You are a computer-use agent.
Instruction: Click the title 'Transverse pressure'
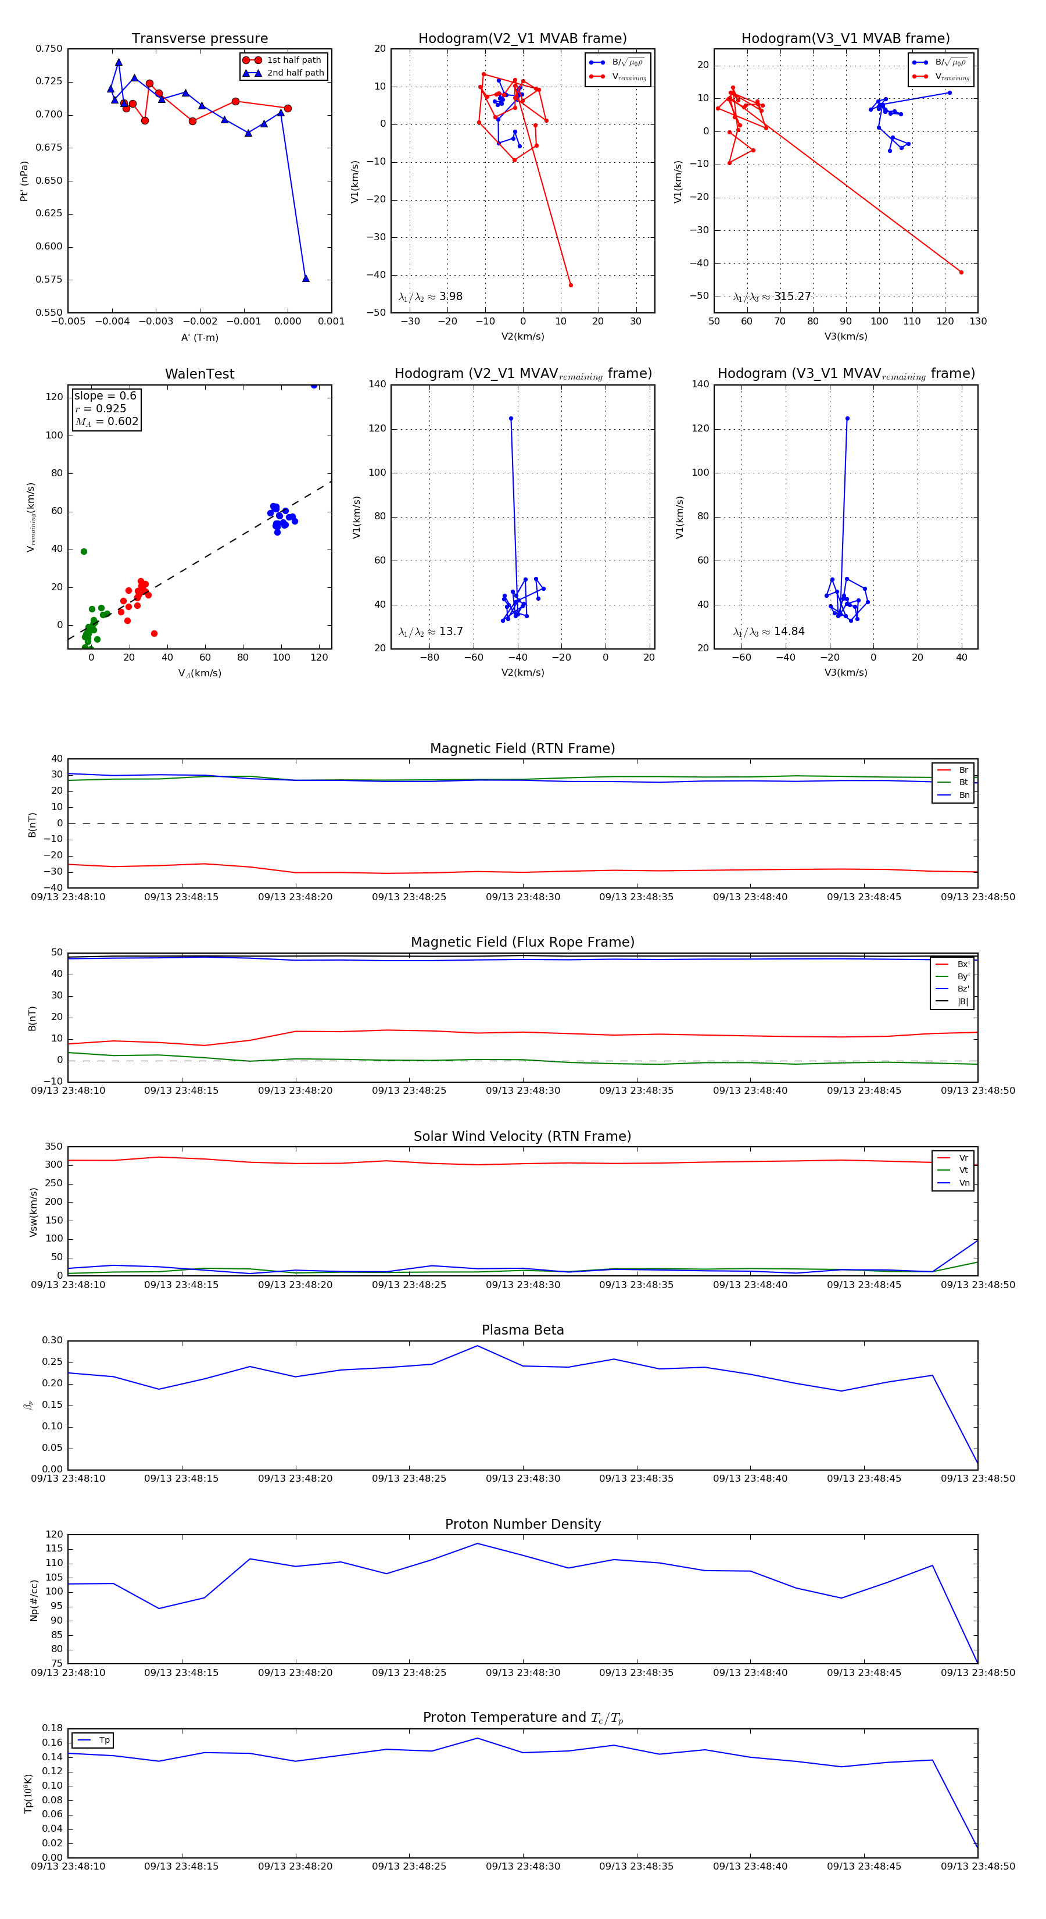(199, 39)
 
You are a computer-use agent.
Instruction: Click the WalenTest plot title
(199, 374)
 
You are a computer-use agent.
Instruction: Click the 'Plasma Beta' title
(522, 1331)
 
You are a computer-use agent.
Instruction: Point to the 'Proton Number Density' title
(522, 1524)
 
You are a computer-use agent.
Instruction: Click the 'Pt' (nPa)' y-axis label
(24, 181)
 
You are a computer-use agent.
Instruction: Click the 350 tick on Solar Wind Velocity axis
(53, 1147)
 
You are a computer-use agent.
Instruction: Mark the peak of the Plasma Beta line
(477, 1346)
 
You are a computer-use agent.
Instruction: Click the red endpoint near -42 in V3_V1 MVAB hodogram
(961, 272)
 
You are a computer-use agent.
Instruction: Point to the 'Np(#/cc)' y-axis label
(34, 1600)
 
